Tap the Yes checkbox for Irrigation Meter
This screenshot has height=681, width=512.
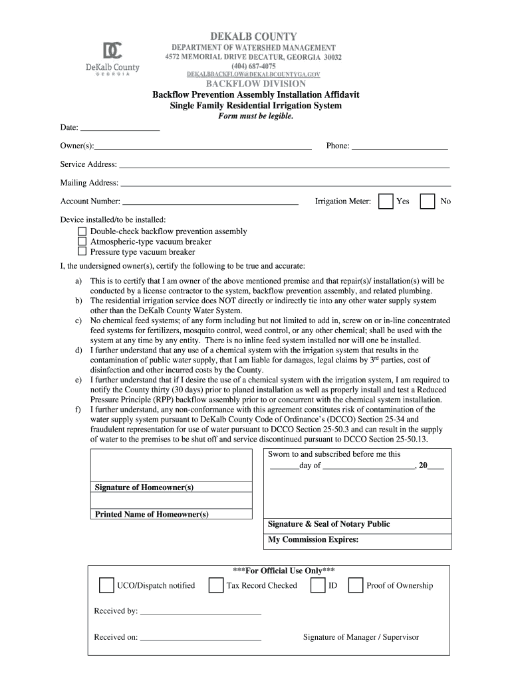point(386,202)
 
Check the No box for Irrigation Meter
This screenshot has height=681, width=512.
point(428,202)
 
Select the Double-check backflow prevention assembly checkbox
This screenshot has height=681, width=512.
point(82,231)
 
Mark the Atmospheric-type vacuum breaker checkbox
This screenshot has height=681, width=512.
point(82,241)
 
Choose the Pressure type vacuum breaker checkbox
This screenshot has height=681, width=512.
point(82,252)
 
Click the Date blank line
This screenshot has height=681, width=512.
point(120,128)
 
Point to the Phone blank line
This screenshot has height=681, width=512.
point(399,146)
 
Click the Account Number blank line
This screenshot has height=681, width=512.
point(210,202)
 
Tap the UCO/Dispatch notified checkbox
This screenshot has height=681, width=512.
point(106,585)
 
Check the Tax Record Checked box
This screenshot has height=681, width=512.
point(215,585)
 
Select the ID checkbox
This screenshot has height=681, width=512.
point(319,585)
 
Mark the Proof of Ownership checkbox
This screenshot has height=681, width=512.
point(356,585)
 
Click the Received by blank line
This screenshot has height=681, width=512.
point(201,611)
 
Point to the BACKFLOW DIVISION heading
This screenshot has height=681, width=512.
point(255,84)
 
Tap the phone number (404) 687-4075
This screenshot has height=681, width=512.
point(253,67)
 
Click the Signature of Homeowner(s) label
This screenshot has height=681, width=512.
point(144,487)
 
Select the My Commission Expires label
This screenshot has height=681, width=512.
point(313,540)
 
